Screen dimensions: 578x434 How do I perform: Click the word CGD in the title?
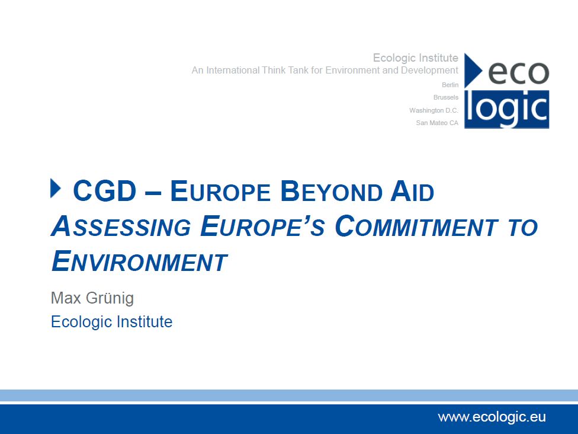pyautogui.click(x=105, y=191)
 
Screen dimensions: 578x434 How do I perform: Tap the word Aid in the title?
pyautogui.click(x=412, y=191)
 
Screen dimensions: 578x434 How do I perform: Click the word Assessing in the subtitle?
pyautogui.click(x=121, y=226)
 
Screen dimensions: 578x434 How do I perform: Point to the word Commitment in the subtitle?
pyautogui.click(x=416, y=226)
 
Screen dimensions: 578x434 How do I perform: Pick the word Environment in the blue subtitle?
pyautogui.click(x=139, y=260)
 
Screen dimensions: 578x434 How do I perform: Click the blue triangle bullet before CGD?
pyautogui.click(x=55, y=188)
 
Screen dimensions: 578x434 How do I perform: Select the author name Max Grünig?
pyautogui.click(x=92, y=298)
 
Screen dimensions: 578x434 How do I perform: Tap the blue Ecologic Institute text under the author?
pyautogui.click(x=111, y=321)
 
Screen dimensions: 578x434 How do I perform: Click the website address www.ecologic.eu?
pyautogui.click(x=492, y=417)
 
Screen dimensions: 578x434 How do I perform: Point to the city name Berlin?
pyautogui.click(x=450, y=85)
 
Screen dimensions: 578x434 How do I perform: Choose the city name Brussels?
pyautogui.click(x=446, y=97)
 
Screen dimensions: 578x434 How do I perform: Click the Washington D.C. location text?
pyautogui.click(x=433, y=110)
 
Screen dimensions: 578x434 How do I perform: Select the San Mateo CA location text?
pyautogui.click(x=437, y=123)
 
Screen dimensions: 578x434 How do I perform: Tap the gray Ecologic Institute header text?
pyautogui.click(x=416, y=58)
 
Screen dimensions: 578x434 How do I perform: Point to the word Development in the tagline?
pyautogui.click(x=429, y=71)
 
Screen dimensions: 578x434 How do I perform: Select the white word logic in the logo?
pyautogui.click(x=506, y=108)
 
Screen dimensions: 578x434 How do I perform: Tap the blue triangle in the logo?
pyautogui.click(x=472, y=71)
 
